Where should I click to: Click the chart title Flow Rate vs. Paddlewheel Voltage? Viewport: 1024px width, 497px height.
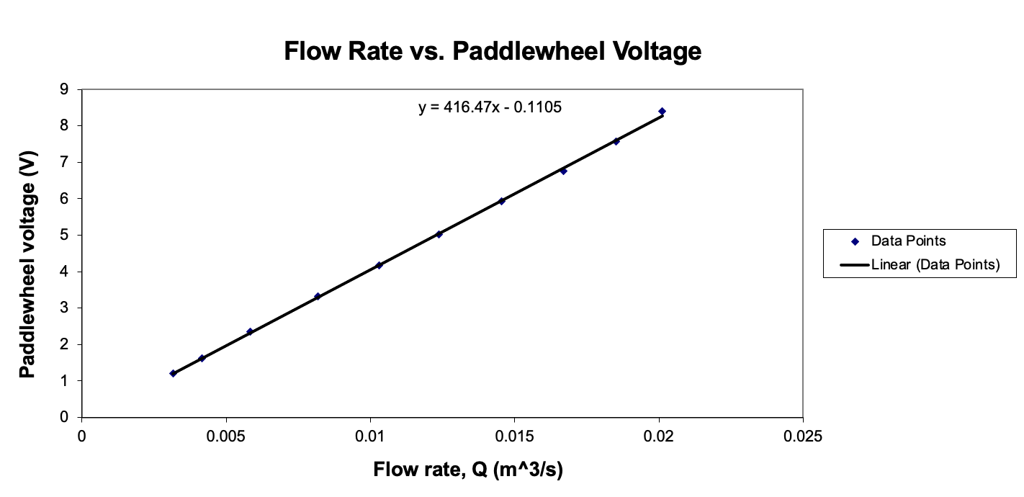[492, 51]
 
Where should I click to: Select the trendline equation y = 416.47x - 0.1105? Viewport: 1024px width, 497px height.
[490, 108]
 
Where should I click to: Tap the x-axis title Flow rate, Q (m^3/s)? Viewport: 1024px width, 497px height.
[467, 470]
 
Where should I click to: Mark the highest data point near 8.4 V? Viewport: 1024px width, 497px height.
[662, 112]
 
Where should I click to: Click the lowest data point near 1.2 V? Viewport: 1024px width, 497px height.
[173, 373]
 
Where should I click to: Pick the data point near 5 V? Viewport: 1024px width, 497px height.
[439, 234]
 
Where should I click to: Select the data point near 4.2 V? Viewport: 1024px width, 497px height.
[379, 265]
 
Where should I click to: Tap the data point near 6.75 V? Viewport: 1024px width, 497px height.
[563, 171]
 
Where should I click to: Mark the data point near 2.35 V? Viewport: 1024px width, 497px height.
[250, 331]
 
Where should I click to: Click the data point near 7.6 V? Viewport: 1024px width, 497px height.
[616, 141]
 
